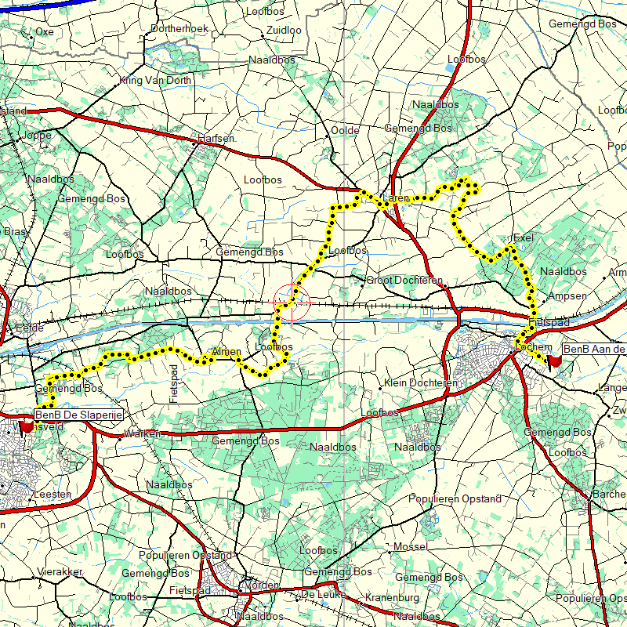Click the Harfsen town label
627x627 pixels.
coord(216,138)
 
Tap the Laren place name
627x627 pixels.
coord(396,199)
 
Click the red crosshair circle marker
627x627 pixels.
coord(292,302)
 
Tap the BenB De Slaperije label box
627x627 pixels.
coord(79,415)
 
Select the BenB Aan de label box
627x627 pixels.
coord(595,349)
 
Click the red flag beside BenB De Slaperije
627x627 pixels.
coord(27,427)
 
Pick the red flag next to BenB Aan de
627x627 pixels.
coord(555,361)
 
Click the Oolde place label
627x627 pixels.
coord(345,131)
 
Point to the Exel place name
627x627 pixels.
coord(523,237)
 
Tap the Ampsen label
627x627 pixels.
coord(567,296)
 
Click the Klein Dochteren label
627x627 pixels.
coord(421,383)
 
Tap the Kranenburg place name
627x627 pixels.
coord(393,599)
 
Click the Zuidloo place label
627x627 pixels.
coord(284,30)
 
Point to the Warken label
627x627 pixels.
coord(143,434)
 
